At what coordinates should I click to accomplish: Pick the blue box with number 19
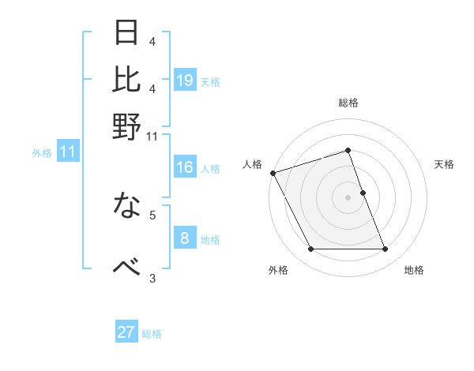185,81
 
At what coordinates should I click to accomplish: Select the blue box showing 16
185,167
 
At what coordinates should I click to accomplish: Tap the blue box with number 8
185,238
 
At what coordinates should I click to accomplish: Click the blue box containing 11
68,152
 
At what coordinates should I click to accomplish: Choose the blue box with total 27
126,332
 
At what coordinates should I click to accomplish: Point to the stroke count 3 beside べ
152,277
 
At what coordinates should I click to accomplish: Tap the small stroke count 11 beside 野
152,137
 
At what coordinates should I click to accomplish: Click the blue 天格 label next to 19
210,81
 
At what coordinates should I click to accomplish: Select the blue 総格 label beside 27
152,334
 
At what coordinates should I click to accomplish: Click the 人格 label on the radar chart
252,164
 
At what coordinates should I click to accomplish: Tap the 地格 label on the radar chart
414,270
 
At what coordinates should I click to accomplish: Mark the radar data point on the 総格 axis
348,150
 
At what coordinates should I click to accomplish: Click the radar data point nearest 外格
310,249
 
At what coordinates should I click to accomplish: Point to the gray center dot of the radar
348,197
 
